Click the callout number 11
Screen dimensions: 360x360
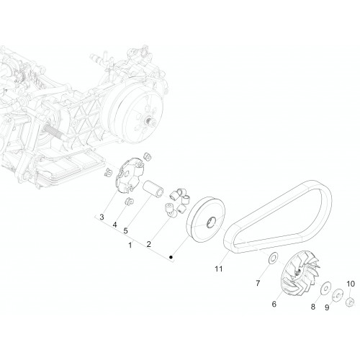point(218,269)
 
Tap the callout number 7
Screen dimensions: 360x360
point(258,284)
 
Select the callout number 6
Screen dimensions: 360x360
point(274,304)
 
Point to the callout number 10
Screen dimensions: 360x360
point(351,284)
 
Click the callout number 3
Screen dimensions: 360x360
point(102,217)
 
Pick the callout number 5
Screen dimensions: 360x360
point(125,231)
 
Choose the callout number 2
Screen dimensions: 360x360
point(149,244)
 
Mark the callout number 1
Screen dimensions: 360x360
point(130,246)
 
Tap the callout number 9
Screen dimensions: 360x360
point(327,307)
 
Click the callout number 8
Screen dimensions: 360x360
point(313,307)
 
